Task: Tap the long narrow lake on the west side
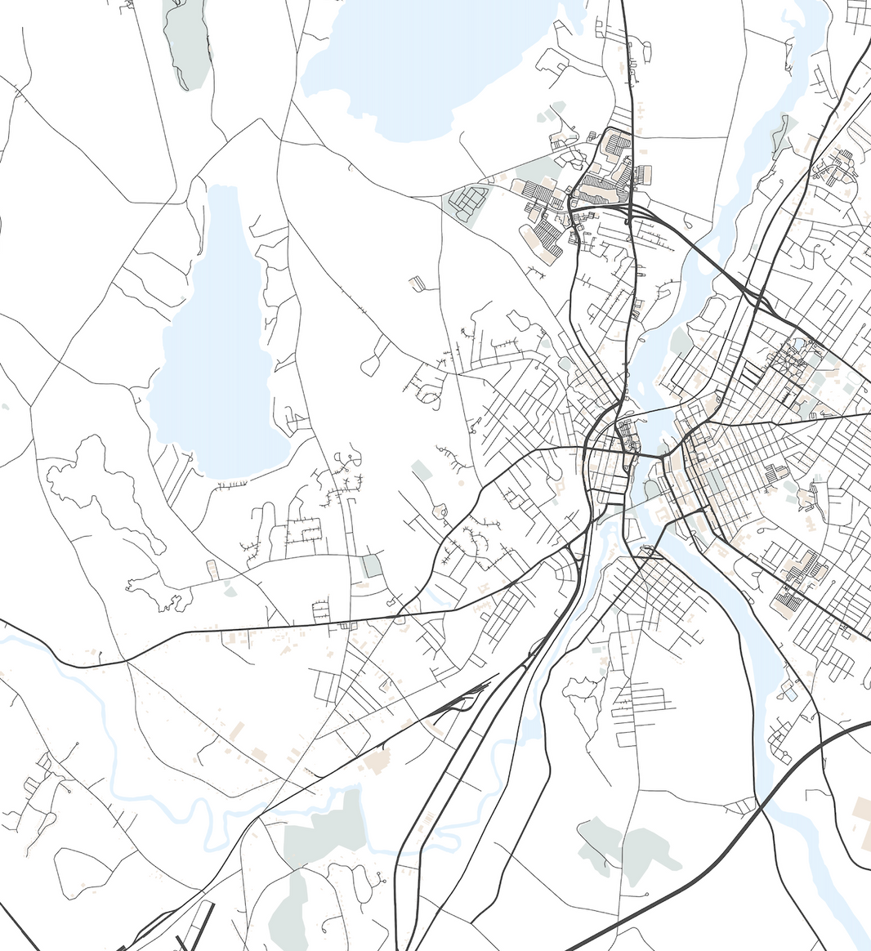[217, 343]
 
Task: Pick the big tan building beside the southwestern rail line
[377, 761]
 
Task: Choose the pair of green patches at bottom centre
[629, 850]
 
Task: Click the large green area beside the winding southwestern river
[327, 825]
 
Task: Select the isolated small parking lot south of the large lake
[417, 284]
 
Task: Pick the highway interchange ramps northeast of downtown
[760, 298]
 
